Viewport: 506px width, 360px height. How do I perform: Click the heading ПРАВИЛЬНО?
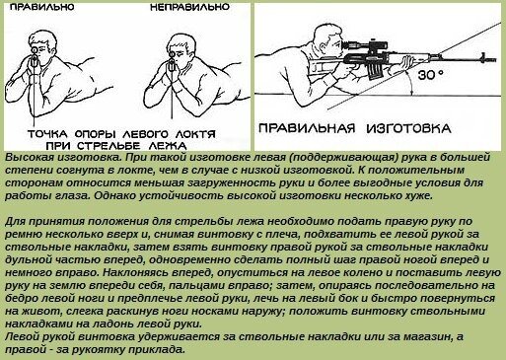tap(42, 7)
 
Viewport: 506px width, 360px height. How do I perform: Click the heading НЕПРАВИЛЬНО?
tap(189, 7)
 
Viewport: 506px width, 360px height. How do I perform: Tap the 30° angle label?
tap(431, 75)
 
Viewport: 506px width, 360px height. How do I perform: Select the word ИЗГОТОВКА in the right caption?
tap(408, 128)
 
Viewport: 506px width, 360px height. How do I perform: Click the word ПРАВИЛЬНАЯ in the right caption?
tap(307, 128)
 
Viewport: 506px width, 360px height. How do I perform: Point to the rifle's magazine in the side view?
tap(373, 71)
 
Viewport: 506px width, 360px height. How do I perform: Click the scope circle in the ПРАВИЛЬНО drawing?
tap(35, 50)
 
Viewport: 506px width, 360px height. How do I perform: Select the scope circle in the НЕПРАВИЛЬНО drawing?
tap(172, 54)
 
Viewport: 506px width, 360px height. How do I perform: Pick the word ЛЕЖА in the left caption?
tap(169, 146)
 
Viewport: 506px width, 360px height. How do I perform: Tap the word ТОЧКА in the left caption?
tap(47, 134)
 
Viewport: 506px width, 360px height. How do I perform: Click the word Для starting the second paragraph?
tap(14, 221)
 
